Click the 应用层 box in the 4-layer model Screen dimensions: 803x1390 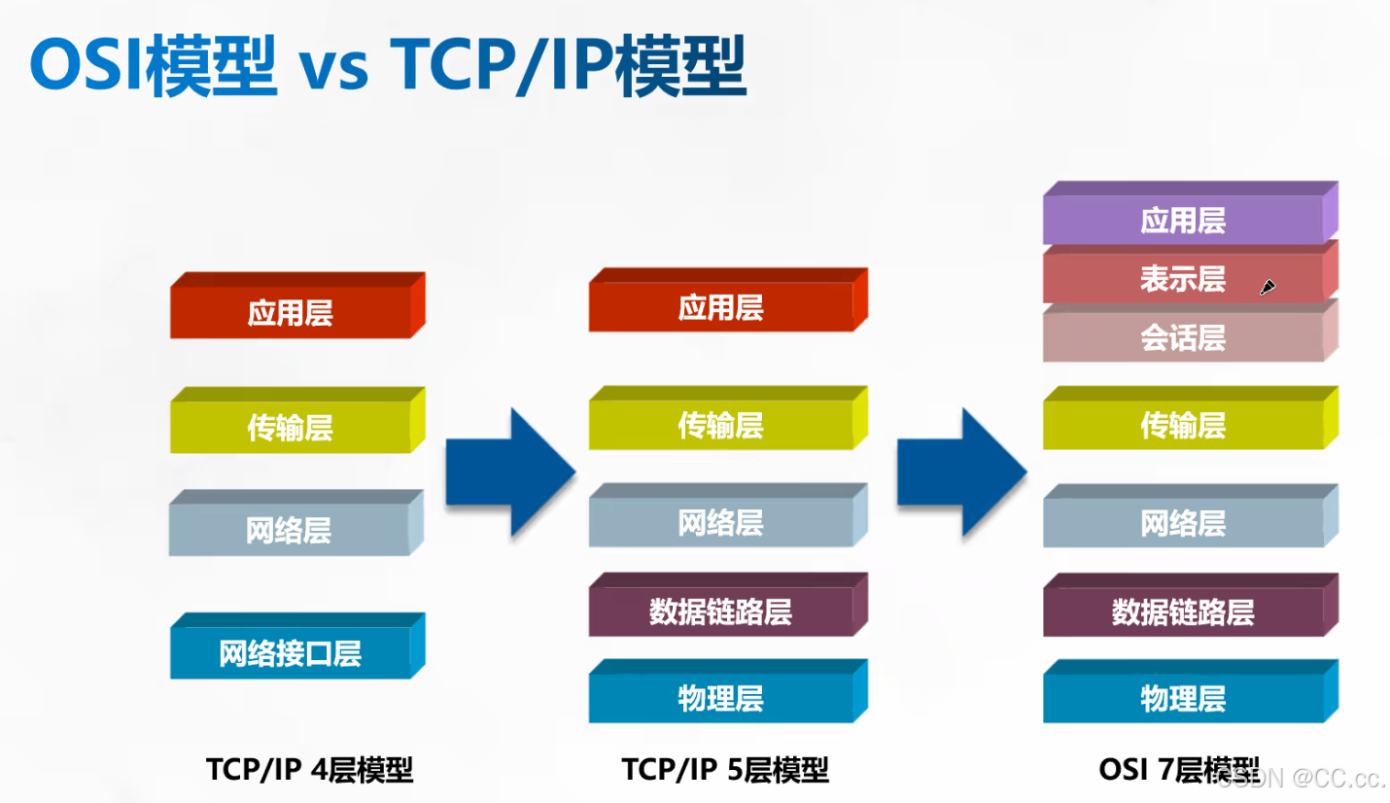[x=291, y=313]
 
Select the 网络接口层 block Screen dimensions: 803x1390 [x=291, y=653]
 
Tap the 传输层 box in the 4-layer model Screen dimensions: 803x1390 [x=291, y=428]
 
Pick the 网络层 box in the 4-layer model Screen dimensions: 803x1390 [x=289, y=531]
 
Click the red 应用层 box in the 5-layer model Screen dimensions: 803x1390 [x=720, y=309]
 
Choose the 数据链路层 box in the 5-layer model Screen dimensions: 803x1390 [x=720, y=611]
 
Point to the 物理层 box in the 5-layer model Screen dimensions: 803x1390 [x=720, y=698]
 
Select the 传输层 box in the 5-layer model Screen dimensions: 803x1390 [x=720, y=426]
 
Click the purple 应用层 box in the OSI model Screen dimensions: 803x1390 [x=1183, y=221]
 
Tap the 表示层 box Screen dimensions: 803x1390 [x=1183, y=279]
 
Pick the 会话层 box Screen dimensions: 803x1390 [x=1183, y=337]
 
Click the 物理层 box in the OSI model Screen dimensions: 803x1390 [x=1183, y=698]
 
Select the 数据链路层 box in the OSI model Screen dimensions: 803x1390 [x=1183, y=611]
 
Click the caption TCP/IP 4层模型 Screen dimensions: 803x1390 [x=310, y=770]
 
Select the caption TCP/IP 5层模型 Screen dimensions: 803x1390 [x=725, y=770]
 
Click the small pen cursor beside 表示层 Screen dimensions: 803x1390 [x=1268, y=287]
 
